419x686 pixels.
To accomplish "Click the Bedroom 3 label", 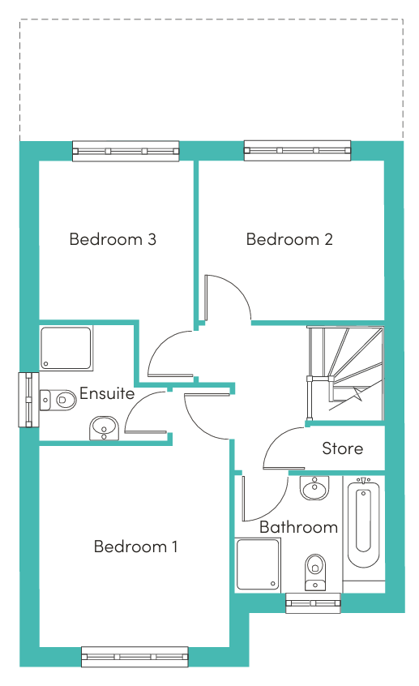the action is pyautogui.click(x=113, y=239).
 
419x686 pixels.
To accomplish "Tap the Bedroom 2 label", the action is pyautogui.click(x=289, y=239).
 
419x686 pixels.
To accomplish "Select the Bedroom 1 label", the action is pyautogui.click(x=135, y=547).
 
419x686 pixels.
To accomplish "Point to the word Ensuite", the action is pyautogui.click(x=107, y=393).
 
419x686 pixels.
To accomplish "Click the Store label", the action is pyautogui.click(x=343, y=448).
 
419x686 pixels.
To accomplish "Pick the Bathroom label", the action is pyautogui.click(x=299, y=527).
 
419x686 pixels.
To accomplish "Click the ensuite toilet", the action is pyautogui.click(x=58, y=400).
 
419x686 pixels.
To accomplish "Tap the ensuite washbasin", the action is pyautogui.click(x=104, y=428).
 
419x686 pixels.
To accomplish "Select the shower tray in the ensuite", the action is pyautogui.click(x=66, y=348).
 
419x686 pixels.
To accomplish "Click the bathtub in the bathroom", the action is pyautogui.click(x=363, y=523).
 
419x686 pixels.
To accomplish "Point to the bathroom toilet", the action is pyautogui.click(x=315, y=572).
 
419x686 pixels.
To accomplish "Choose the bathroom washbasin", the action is pyautogui.click(x=314, y=488).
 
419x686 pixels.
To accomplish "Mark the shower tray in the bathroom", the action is pyautogui.click(x=258, y=565).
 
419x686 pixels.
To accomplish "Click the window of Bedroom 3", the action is pyautogui.click(x=126, y=151).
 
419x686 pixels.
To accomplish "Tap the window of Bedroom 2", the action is pyautogui.click(x=297, y=151).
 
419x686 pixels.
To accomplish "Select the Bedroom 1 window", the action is pyautogui.click(x=135, y=657).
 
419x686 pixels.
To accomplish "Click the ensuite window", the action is pyautogui.click(x=28, y=400).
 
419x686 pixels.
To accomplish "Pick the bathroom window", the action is pyautogui.click(x=313, y=602).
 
